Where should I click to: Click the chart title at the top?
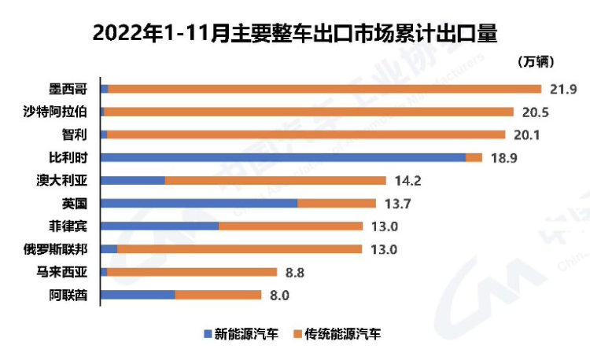pyautogui.click(x=296, y=34)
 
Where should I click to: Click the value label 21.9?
pyautogui.click(x=563, y=88)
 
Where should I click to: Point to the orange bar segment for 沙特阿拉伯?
pyautogui.click(x=308, y=112)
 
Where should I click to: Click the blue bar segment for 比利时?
pyautogui.click(x=284, y=157)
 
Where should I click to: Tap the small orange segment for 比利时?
pyautogui.click(x=474, y=157)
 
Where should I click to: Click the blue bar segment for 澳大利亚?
pyautogui.click(x=133, y=180)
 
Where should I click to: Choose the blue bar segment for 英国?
pyautogui.click(x=200, y=203)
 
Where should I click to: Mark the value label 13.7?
pyautogui.click(x=397, y=204)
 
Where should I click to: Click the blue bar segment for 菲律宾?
pyautogui.click(x=160, y=226)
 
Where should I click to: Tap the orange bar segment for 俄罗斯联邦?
pyautogui.click(x=239, y=249)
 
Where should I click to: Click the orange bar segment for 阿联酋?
pyautogui.click(x=218, y=295)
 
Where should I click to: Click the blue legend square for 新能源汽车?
pyautogui.click(x=207, y=333)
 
